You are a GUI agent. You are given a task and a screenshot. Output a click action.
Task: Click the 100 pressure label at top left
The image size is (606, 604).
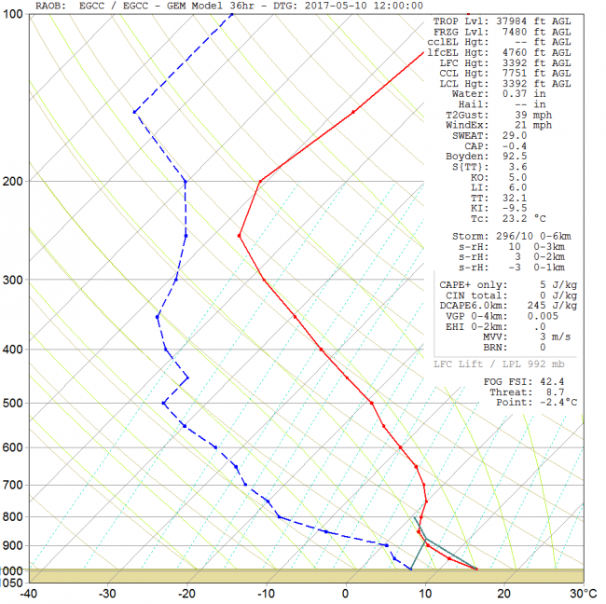tap(14, 17)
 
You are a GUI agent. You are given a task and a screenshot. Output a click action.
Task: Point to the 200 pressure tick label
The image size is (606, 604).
tap(14, 181)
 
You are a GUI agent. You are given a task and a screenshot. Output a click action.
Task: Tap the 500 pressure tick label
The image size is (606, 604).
tap(14, 404)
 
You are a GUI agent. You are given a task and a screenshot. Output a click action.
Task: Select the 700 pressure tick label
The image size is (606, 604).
tap(14, 485)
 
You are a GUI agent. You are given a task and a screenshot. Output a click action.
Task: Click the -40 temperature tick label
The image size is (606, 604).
tap(29, 593)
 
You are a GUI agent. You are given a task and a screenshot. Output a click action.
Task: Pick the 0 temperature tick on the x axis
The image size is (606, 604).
tap(346, 593)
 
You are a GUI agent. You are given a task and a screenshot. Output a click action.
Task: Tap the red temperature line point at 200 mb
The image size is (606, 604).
tap(259, 181)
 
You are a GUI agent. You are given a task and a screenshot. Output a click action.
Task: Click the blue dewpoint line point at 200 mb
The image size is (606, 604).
tap(186, 181)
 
